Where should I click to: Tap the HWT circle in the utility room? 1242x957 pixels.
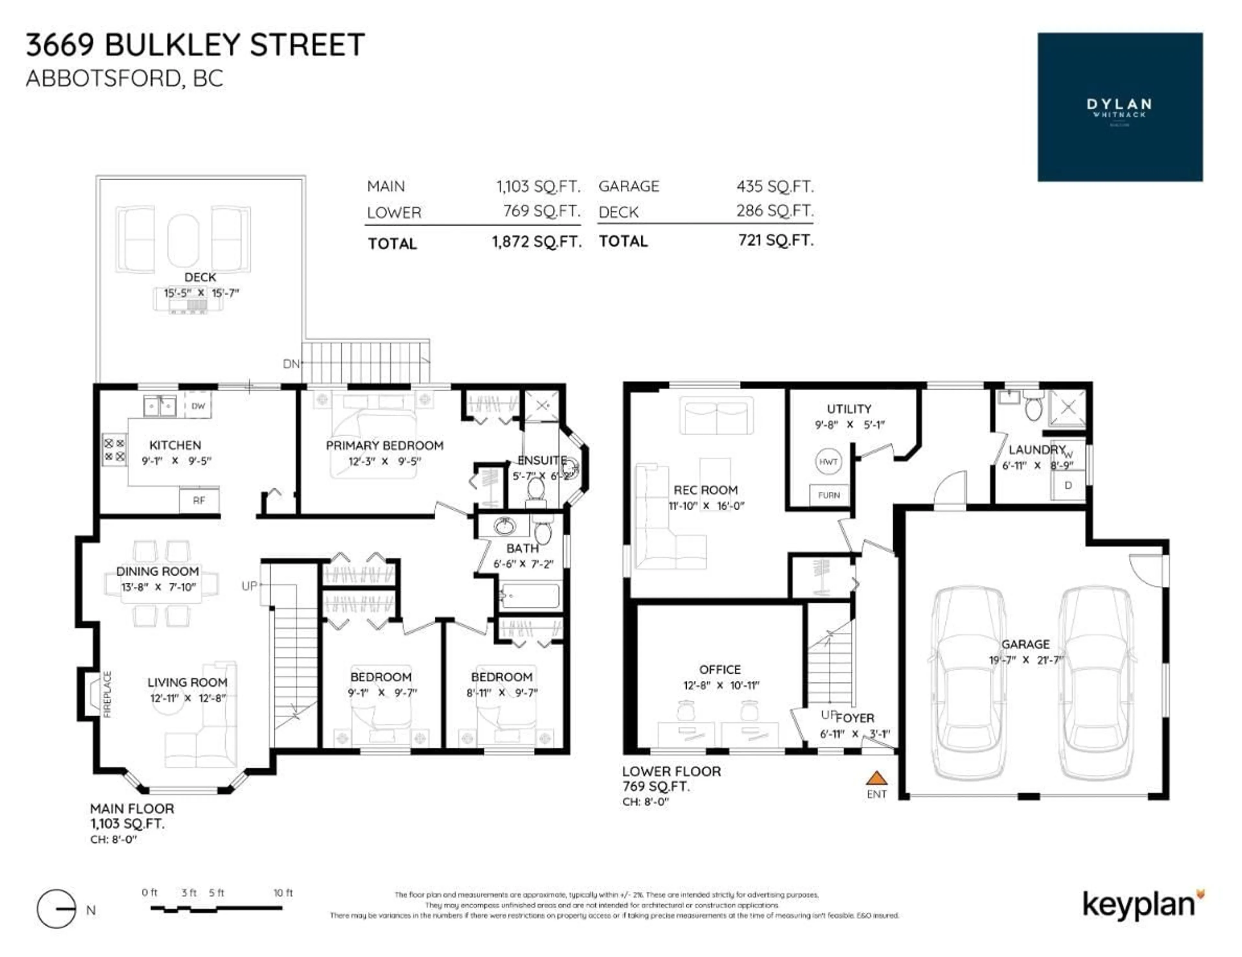point(828,462)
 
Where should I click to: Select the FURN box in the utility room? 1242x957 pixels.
point(829,495)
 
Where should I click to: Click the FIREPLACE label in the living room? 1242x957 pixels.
point(107,694)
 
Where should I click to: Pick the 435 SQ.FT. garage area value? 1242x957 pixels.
point(775,186)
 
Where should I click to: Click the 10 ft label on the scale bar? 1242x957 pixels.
point(283,893)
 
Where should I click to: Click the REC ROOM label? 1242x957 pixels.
point(705,490)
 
